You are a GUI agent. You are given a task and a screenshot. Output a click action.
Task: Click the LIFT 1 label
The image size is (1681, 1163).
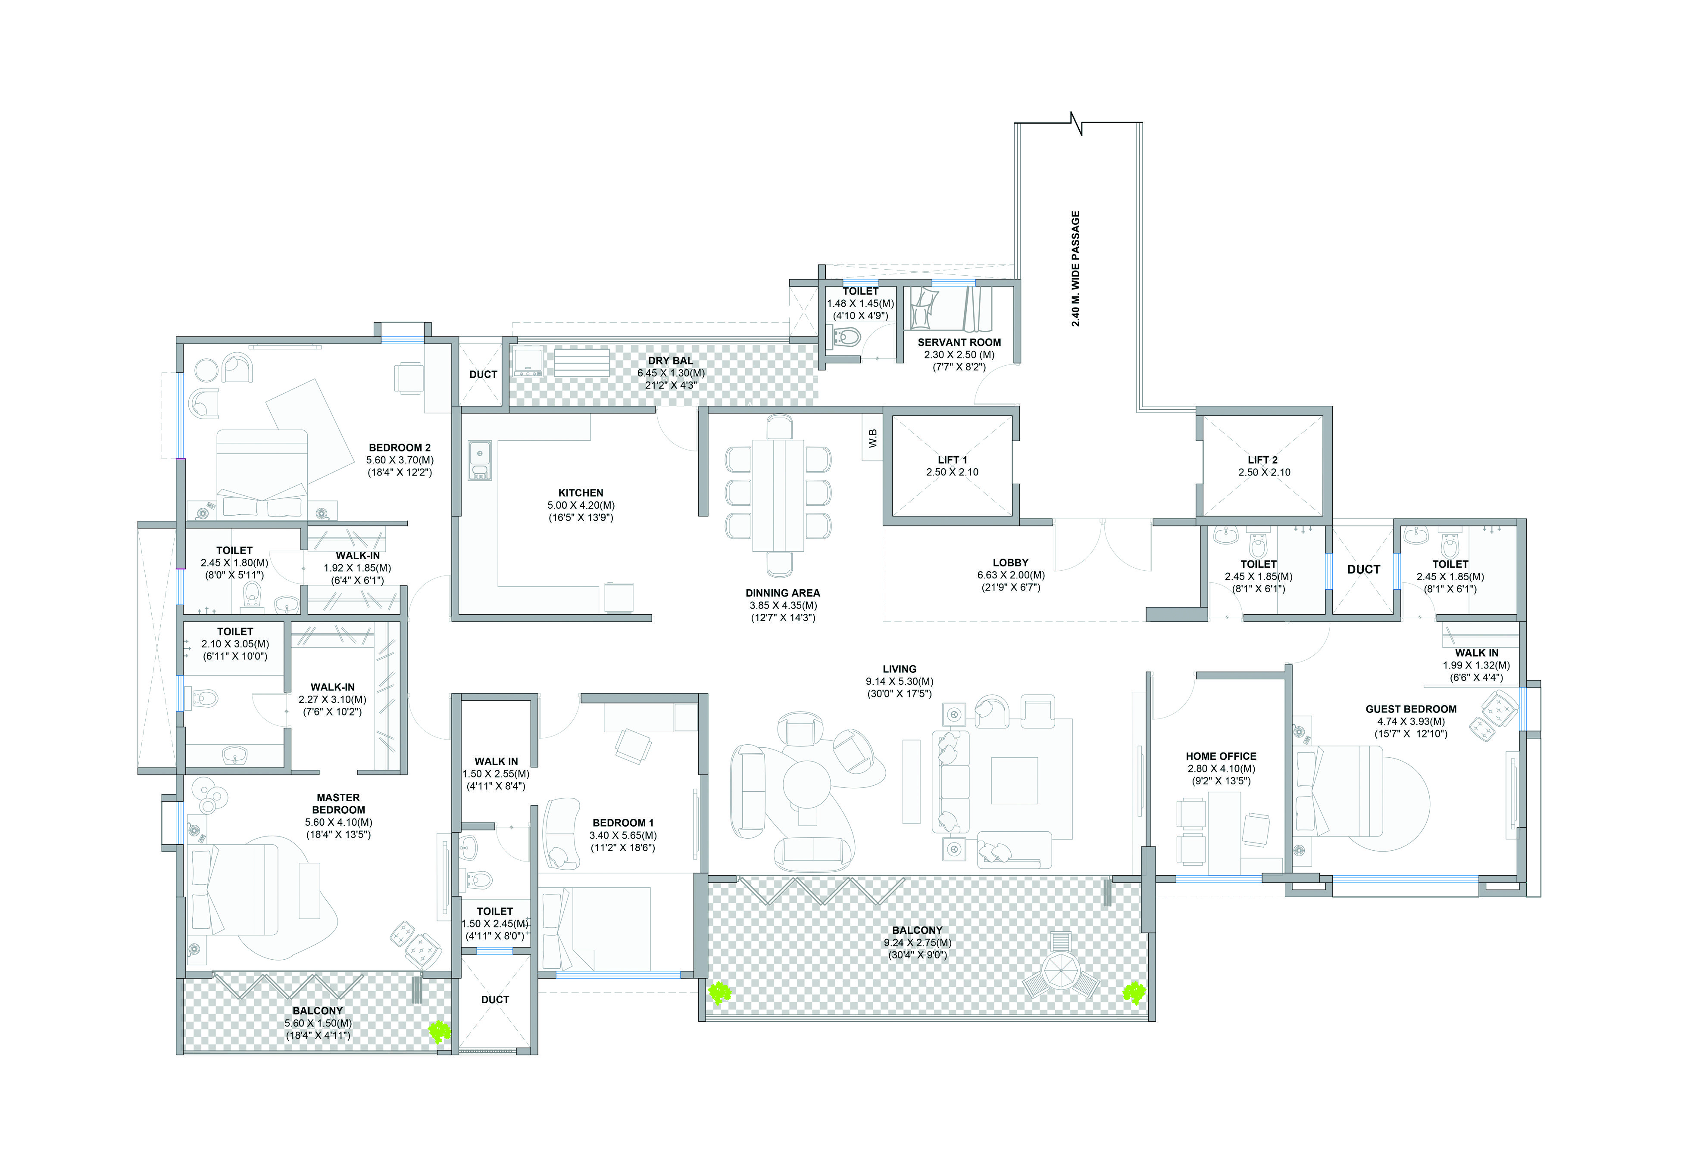click(952, 460)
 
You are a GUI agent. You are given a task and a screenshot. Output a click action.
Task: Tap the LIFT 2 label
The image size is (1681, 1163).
click(1262, 460)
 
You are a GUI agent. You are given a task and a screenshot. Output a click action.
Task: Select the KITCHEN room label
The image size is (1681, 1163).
click(581, 493)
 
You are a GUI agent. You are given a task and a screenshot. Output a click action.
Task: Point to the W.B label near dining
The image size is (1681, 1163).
click(872, 438)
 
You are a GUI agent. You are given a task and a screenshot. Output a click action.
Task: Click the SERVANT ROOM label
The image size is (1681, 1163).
click(959, 342)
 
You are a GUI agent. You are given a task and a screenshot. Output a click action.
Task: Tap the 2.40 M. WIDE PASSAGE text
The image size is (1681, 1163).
click(1076, 268)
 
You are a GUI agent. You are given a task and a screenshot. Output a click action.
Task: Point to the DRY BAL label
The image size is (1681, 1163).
click(671, 361)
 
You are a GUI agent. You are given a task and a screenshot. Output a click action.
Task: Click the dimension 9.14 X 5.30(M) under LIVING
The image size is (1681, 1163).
click(900, 681)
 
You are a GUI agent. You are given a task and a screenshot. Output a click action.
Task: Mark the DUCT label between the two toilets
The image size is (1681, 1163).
click(1363, 569)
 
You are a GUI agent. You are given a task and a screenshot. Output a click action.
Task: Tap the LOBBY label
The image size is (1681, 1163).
click(1010, 563)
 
